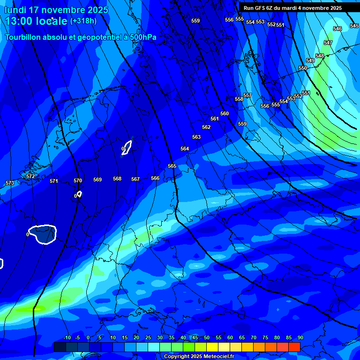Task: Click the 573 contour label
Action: pyautogui.click(x=9, y=183)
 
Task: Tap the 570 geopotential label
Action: pyautogui.click(x=78, y=180)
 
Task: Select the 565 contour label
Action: pyautogui.click(x=172, y=166)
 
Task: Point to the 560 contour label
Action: pyautogui.click(x=225, y=113)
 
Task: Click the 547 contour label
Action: pyautogui.click(x=328, y=43)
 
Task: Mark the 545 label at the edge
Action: pyautogui.click(x=354, y=26)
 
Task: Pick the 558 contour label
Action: pyautogui.click(x=239, y=99)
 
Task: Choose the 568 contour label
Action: pyautogui.click(x=117, y=179)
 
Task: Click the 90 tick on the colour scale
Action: pyautogui.click(x=300, y=337)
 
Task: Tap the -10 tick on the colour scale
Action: pyautogui.click(x=67, y=337)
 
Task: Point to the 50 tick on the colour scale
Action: pyautogui.click(x=207, y=337)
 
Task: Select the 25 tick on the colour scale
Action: pyautogui.click(x=148, y=337)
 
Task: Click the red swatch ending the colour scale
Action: pyautogui.click(x=294, y=347)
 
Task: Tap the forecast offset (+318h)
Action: pyautogui.click(x=83, y=21)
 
